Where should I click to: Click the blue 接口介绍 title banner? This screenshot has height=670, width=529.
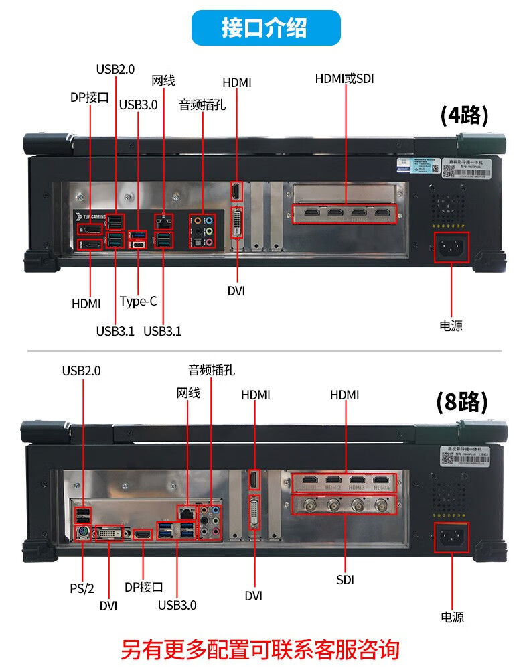click(x=265, y=27)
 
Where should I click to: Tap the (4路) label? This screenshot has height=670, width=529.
click(x=464, y=115)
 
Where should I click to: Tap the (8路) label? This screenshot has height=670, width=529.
click(x=461, y=402)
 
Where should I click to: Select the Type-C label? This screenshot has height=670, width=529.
click(x=139, y=301)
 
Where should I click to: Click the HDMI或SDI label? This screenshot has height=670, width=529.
click(x=344, y=79)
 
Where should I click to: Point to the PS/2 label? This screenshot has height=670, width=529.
click(x=82, y=588)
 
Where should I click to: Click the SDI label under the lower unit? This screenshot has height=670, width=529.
click(x=345, y=580)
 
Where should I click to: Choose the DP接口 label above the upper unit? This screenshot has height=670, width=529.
click(x=89, y=97)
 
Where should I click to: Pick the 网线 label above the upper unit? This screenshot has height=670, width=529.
click(x=163, y=81)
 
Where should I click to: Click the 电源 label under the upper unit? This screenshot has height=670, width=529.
click(x=451, y=326)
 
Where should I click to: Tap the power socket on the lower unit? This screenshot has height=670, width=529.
click(x=451, y=537)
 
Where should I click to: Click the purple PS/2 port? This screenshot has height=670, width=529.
click(x=81, y=533)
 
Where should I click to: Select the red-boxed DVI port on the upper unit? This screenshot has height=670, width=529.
click(x=237, y=223)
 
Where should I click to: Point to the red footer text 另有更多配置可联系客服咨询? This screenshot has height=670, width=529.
click(x=260, y=649)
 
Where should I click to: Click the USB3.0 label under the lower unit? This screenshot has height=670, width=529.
click(x=177, y=605)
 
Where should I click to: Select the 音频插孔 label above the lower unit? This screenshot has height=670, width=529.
click(x=212, y=370)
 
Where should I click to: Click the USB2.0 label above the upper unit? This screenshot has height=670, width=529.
click(x=115, y=68)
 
